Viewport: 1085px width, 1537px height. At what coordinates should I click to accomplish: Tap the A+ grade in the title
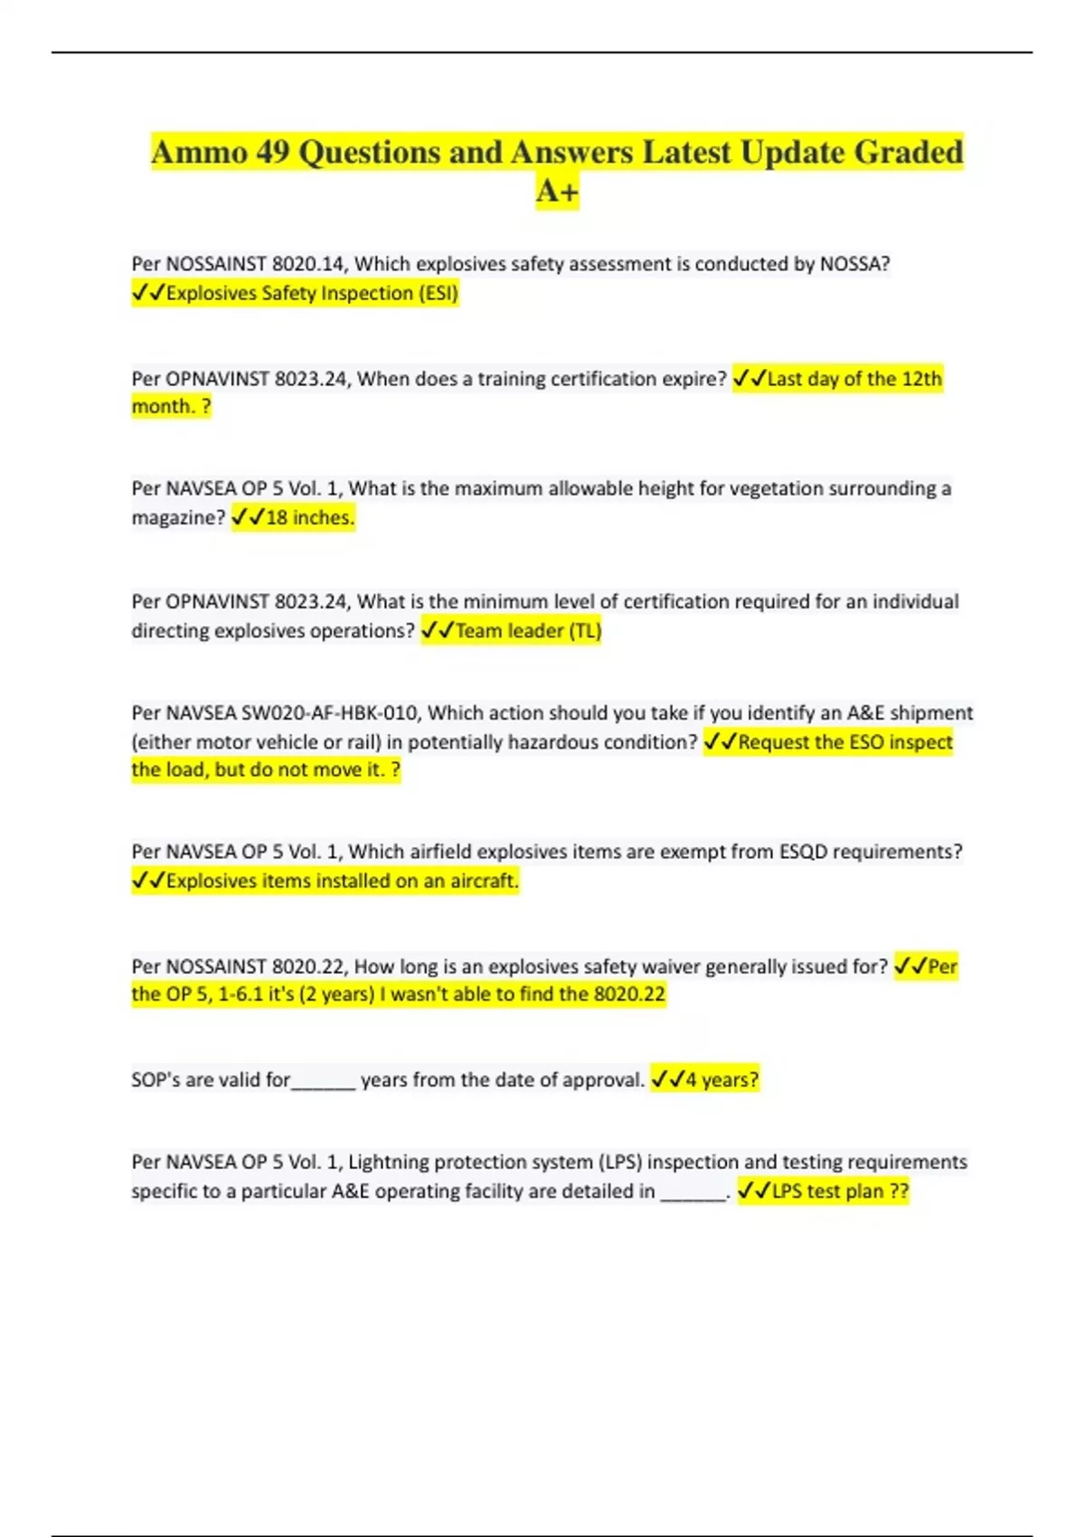pyautogui.click(x=557, y=192)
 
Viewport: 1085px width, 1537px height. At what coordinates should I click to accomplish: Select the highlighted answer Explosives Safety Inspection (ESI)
pyautogui.click(x=312, y=293)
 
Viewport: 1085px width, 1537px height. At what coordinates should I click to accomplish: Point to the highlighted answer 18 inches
pyautogui.click(x=309, y=517)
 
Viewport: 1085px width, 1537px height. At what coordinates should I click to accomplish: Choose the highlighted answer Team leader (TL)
pyautogui.click(x=528, y=630)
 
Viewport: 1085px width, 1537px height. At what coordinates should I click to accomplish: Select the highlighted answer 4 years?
pyautogui.click(x=722, y=1080)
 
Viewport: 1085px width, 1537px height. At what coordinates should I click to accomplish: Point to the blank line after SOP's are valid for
pyautogui.click(x=324, y=1083)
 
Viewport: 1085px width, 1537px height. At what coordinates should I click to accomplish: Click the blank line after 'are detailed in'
pyautogui.click(x=693, y=1195)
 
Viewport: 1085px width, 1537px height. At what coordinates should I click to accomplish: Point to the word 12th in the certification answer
pyautogui.click(x=921, y=379)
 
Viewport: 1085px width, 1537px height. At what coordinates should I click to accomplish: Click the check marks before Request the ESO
pyautogui.click(x=720, y=742)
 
